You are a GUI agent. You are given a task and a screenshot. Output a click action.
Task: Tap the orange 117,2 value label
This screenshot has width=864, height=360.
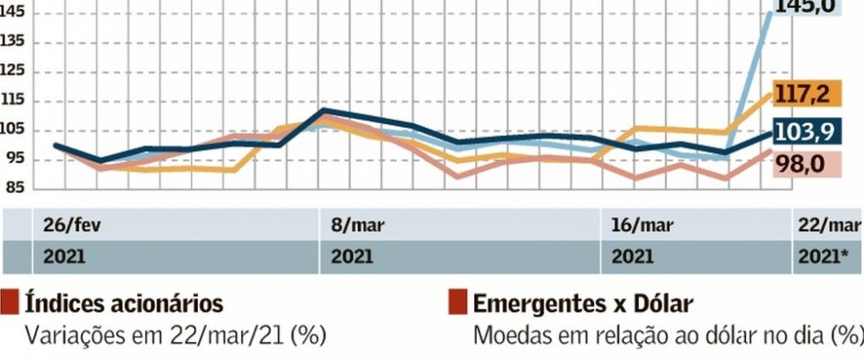tap(818, 94)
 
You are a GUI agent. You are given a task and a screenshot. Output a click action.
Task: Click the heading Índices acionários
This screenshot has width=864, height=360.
tap(124, 303)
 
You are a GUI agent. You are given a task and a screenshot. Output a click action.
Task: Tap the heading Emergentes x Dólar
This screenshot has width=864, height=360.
tap(576, 303)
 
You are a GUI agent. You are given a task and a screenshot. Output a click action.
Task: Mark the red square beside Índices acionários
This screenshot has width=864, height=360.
tap(12, 302)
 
